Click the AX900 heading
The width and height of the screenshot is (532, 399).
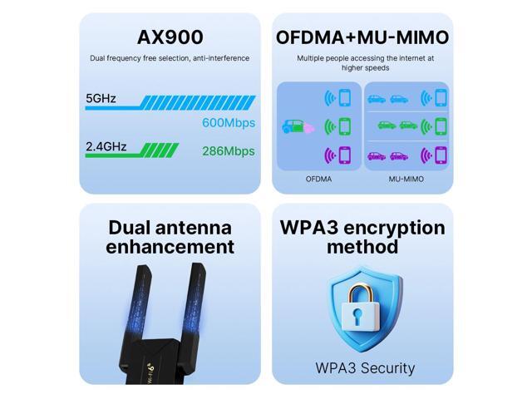click(x=170, y=37)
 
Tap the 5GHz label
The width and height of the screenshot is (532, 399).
click(x=101, y=99)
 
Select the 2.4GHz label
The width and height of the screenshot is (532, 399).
click(x=106, y=147)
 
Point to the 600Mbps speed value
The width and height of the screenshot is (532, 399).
click(x=229, y=123)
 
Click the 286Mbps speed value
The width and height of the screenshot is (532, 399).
click(x=229, y=151)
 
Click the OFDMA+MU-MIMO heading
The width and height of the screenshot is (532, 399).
click(x=362, y=37)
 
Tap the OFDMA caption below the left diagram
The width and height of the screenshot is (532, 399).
click(x=318, y=179)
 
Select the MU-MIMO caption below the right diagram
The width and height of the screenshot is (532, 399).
click(x=406, y=179)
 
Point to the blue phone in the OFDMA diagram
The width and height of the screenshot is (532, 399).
click(x=343, y=98)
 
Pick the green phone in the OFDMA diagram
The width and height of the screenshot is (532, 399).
click(x=343, y=126)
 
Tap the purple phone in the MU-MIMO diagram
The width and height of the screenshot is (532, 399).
click(x=441, y=155)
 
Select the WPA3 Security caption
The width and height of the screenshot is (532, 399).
click(x=365, y=367)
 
